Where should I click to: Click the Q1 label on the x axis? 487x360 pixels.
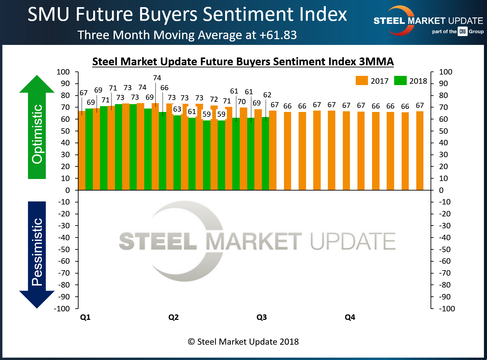pos(85,317)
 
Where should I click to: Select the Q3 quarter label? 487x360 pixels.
pos(262,317)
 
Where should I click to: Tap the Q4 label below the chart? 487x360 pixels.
pos(350,317)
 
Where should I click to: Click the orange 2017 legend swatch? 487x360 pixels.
pos(362,81)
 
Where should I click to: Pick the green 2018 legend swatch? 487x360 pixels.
pos(400,81)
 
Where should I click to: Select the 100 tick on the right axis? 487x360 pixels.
pos(446,72)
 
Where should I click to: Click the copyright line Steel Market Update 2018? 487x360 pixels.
pos(244,342)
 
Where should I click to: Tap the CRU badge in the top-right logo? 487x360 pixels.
pos(463,31)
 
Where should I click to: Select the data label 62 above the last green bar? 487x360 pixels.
pos(267,95)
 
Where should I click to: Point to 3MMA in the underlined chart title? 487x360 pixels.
pos(376,62)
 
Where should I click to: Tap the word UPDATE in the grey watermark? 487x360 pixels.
pos(353,241)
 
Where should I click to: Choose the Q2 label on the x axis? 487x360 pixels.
pos(173,317)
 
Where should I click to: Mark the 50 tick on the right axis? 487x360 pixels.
pos(443,131)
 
